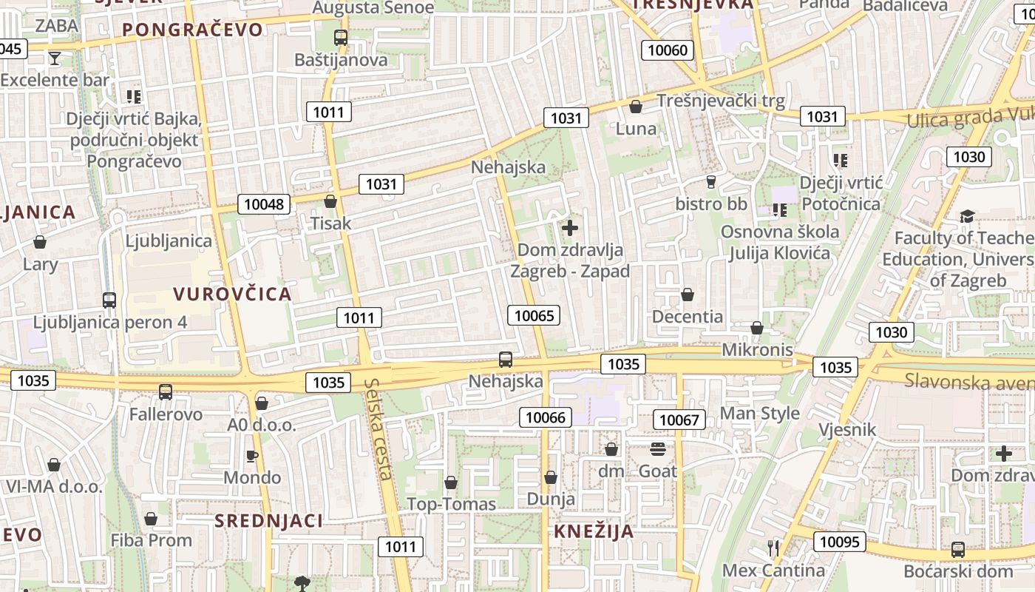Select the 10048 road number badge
(264, 204)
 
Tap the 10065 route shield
(534, 316)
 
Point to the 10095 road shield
(840, 542)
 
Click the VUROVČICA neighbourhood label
(233, 294)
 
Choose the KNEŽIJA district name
(594, 531)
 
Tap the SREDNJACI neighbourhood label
(269, 520)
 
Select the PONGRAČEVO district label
(192, 30)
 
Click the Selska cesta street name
(380, 428)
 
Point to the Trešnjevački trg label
(721, 100)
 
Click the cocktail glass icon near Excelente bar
(54, 58)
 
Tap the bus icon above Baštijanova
(341, 38)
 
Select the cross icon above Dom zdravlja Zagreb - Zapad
(570, 227)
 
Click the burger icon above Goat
(658, 449)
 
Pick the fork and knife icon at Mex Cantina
(773, 548)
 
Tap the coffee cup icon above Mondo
(251, 455)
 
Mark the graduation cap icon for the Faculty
(967, 216)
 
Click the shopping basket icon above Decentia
(688, 295)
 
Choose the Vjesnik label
(847, 429)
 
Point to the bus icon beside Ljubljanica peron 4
(109, 300)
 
